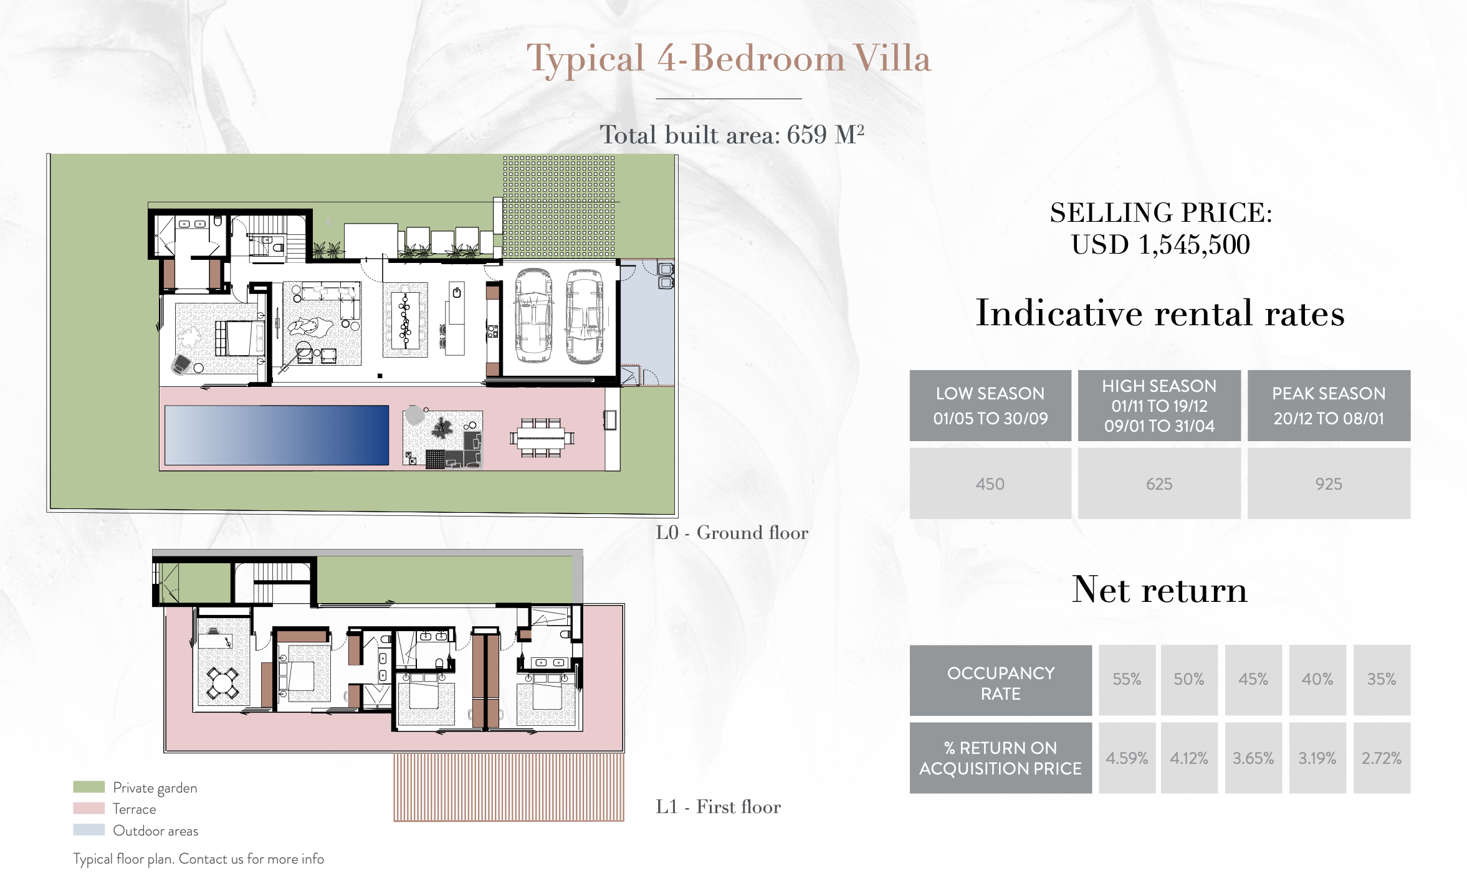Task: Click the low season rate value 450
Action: tap(990, 484)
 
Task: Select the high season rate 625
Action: tap(1159, 484)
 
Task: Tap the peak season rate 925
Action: tap(1329, 484)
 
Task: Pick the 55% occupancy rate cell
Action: tap(1127, 680)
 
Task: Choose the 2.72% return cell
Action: tap(1382, 758)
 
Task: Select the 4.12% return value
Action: tap(1189, 758)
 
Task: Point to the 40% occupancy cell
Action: tap(1317, 680)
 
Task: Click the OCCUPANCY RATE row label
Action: tap(1001, 684)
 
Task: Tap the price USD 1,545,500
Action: tap(1160, 244)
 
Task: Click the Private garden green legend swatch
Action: tap(88, 787)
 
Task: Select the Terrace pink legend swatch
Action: tap(88, 808)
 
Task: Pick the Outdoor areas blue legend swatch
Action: tap(88, 830)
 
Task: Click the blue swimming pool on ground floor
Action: tap(277, 435)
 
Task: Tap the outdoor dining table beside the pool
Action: tap(542, 437)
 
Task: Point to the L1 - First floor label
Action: tap(718, 807)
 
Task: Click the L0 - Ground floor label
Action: tap(732, 533)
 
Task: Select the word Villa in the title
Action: tap(892, 59)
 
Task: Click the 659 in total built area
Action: tap(807, 135)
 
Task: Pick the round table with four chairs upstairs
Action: tap(222, 683)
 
